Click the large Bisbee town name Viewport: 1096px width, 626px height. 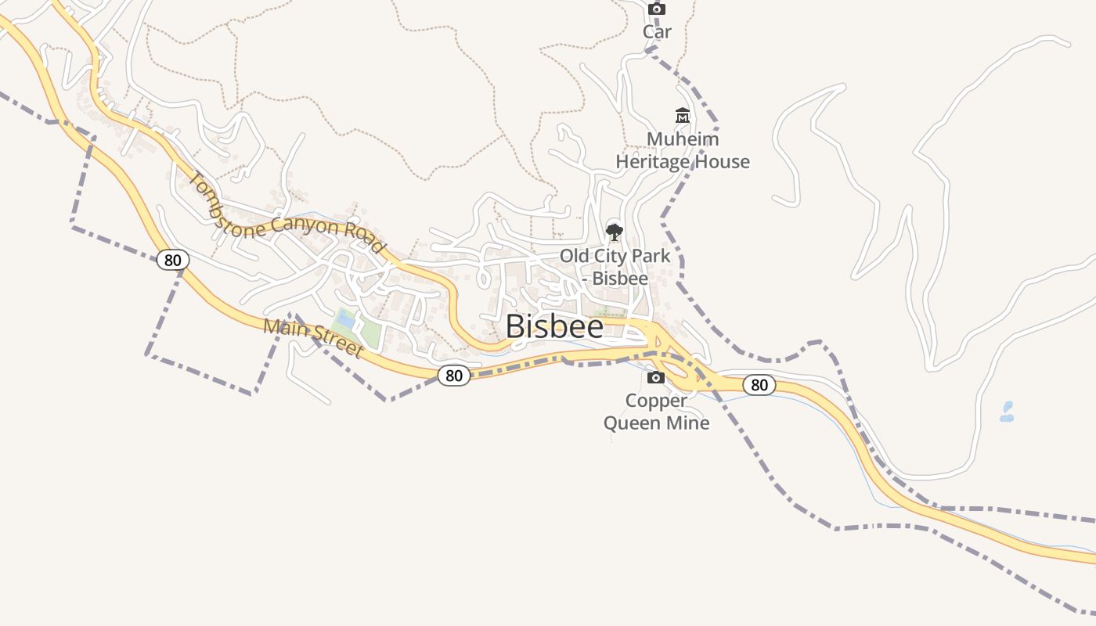coord(554,326)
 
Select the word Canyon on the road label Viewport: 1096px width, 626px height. coord(309,227)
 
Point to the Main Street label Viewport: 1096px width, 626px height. coord(313,337)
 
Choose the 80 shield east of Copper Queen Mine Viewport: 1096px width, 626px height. coord(759,385)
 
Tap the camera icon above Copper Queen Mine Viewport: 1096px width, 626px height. coord(656,378)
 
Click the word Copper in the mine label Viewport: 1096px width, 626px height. coord(656,401)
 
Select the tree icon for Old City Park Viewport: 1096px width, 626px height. coord(615,232)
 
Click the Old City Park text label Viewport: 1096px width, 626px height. coord(615,256)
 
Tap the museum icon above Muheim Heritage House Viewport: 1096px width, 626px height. coord(683,117)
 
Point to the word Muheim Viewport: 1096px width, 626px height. coord(683,139)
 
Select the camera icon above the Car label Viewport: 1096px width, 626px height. coord(657,9)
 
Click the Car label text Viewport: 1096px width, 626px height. coord(657,32)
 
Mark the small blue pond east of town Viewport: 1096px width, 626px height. coord(1007,412)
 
